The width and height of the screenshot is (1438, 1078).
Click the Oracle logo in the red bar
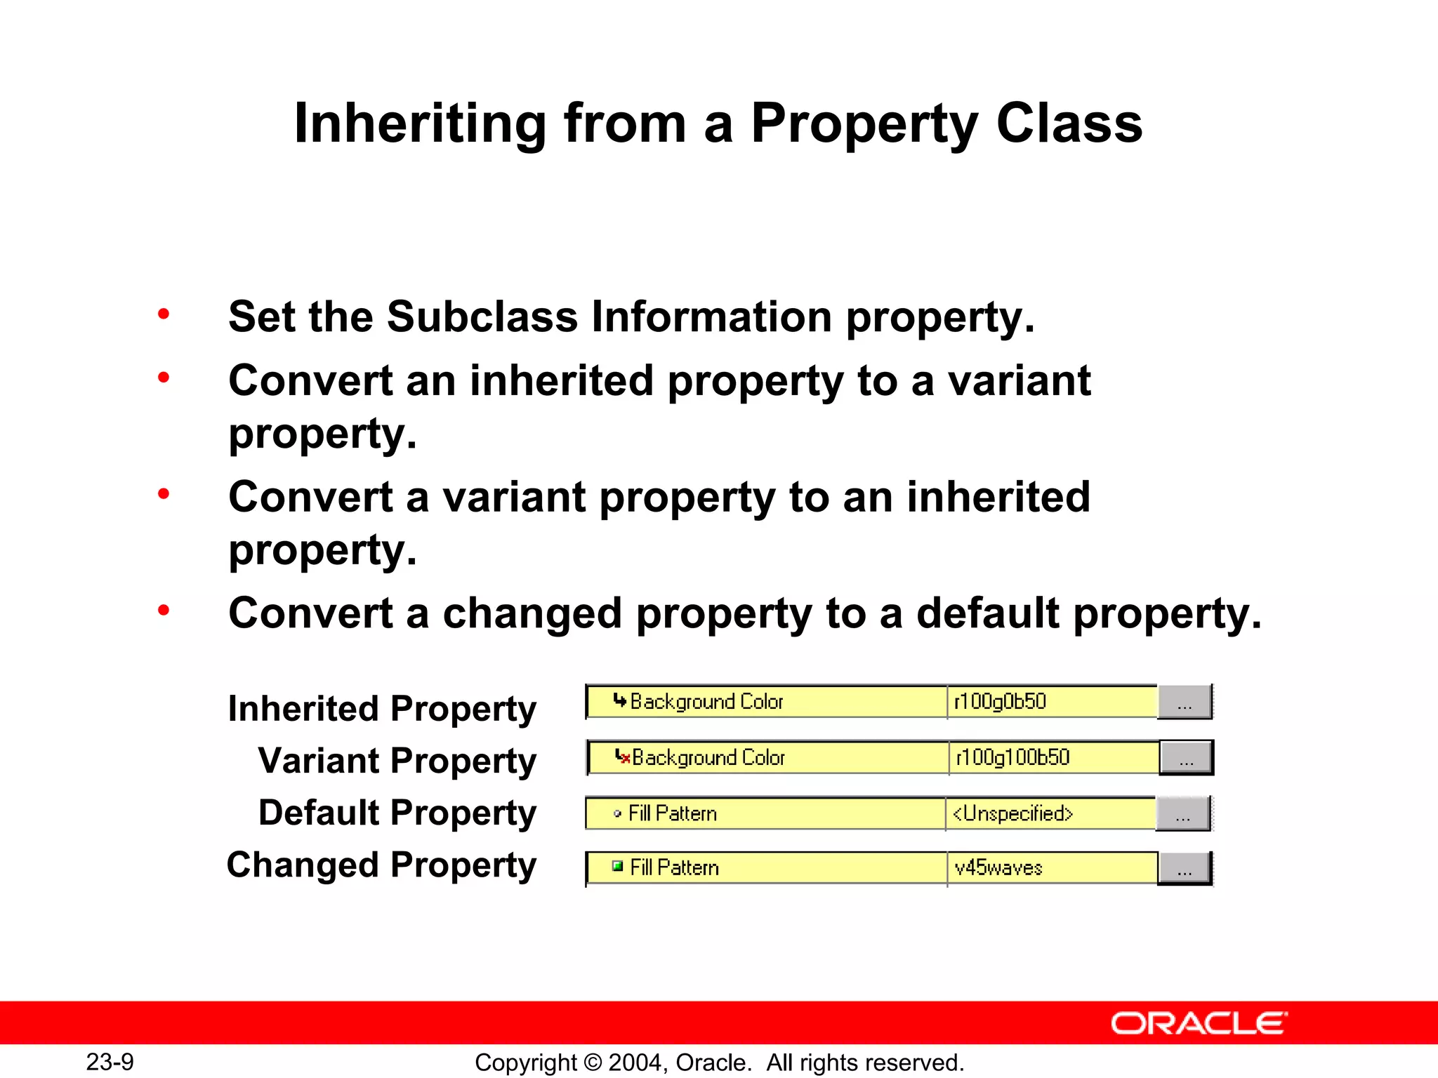point(1199,1023)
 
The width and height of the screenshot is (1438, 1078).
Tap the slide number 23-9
point(110,1062)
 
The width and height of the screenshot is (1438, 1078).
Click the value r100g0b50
point(1000,701)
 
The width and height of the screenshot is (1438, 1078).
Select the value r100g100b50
point(1012,757)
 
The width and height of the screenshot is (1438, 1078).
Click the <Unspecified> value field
point(1012,813)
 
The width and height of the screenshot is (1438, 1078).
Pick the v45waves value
point(998,868)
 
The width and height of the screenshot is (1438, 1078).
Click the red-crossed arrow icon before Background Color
point(622,757)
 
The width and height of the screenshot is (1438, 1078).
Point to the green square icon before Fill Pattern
point(617,866)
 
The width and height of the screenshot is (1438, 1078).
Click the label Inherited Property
point(382,708)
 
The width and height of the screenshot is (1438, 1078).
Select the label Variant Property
point(397,761)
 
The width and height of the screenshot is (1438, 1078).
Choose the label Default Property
point(397,813)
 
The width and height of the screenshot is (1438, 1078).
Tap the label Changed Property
point(381,865)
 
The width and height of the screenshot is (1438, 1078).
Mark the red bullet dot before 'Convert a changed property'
point(164,610)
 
